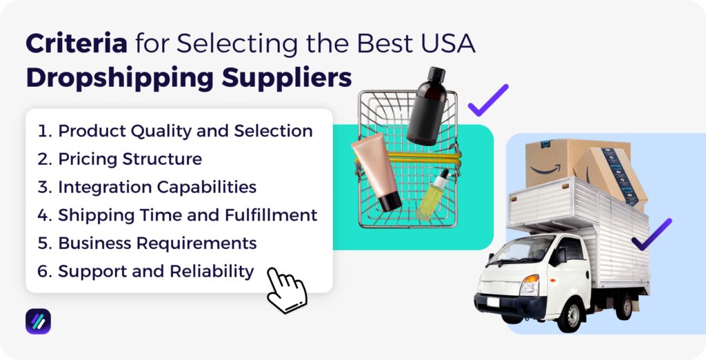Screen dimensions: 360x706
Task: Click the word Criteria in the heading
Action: (x=76, y=44)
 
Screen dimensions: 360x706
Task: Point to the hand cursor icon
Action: (x=285, y=290)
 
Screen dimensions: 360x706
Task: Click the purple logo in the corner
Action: (x=38, y=321)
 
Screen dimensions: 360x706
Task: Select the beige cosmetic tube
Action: (x=376, y=172)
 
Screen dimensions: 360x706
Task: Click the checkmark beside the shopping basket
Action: (x=487, y=101)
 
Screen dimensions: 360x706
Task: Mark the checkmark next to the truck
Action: (x=651, y=234)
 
